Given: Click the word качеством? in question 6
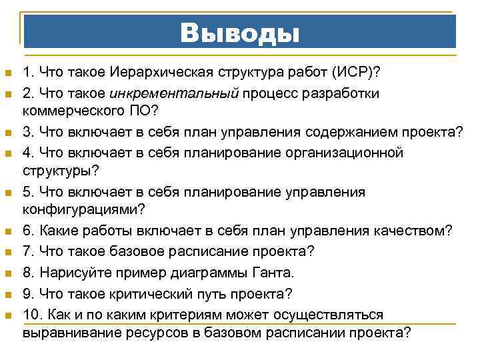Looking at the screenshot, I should click(415, 231).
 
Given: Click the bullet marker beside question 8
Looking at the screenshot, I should click(7, 273).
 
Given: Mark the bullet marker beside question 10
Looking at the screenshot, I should click(7, 315).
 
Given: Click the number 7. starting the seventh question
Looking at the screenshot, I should click(27, 252).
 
